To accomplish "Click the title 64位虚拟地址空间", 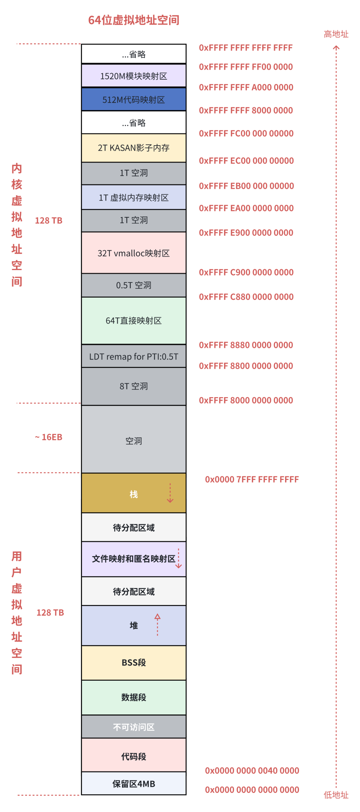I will [134, 20].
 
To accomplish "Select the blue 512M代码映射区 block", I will [134, 100].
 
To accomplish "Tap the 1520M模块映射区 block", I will [134, 76].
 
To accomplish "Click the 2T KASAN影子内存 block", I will [134, 148].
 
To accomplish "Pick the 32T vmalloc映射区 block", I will [134, 253].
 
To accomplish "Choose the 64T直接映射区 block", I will [134, 321].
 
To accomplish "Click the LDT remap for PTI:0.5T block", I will [134, 357].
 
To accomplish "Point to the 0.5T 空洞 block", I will [134, 285].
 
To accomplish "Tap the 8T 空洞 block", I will [134, 386].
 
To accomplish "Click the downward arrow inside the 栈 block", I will [170, 493].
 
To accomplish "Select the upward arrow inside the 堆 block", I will [157, 624].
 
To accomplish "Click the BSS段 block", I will [134, 663].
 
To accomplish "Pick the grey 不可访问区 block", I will [134, 727].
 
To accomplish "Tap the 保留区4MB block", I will [134, 784].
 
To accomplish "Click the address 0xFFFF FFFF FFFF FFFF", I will [246, 48].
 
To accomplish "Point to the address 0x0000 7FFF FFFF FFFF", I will [252, 479].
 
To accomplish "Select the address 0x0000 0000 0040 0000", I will [252, 771].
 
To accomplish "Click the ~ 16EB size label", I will [49, 437].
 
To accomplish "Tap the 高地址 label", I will [336, 34].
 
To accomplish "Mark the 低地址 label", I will [336, 795].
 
